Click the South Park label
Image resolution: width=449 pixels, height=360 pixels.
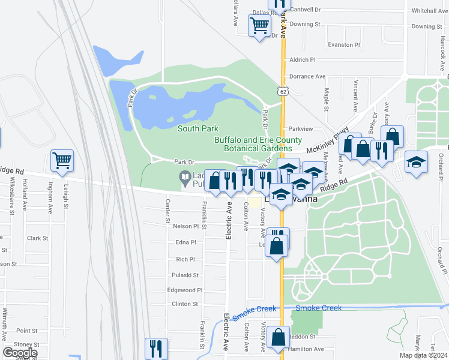point(198,128)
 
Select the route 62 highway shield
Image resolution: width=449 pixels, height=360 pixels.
point(282,91)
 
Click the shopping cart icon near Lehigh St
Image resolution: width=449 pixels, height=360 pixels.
point(62,161)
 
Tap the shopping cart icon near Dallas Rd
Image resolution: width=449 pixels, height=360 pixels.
point(260,26)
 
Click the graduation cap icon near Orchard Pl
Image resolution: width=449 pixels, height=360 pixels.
point(416,162)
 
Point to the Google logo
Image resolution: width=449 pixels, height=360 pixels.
point(20,352)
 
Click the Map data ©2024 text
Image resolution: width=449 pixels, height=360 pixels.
point(424,355)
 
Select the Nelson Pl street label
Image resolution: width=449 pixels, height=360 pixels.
point(185,226)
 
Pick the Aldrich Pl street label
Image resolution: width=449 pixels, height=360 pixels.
point(303,60)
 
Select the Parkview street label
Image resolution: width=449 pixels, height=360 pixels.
point(301,128)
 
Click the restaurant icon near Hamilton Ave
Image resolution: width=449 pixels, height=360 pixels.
point(156,348)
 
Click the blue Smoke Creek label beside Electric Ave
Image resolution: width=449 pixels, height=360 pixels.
point(255,309)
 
